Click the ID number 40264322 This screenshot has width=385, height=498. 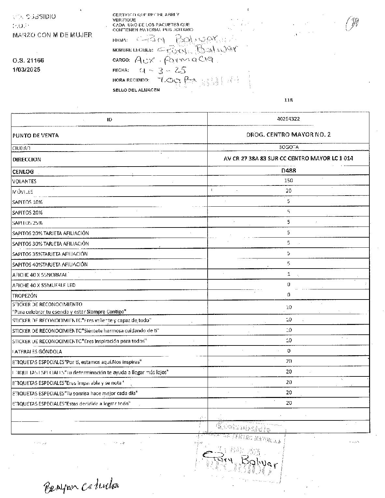point(288,119)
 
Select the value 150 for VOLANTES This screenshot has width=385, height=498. point(288,181)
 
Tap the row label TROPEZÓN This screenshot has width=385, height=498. point(25,296)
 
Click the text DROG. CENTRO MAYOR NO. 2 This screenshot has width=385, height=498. point(288,134)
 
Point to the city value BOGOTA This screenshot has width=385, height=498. point(288,147)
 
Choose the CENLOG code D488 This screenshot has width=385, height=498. point(288,170)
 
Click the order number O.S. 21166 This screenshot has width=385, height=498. point(28,61)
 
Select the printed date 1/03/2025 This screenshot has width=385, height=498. point(26,69)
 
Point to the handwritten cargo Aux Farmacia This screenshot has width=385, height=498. point(174,60)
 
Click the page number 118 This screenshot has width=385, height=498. point(288,100)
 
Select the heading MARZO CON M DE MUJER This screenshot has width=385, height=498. point(52,35)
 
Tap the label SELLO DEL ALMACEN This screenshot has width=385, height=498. point(136,90)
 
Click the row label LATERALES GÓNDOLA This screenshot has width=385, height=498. point(37,351)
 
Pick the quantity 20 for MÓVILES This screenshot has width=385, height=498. point(288,191)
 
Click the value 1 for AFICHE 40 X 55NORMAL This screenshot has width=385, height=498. point(289,274)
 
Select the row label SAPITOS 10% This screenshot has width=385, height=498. point(27,202)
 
